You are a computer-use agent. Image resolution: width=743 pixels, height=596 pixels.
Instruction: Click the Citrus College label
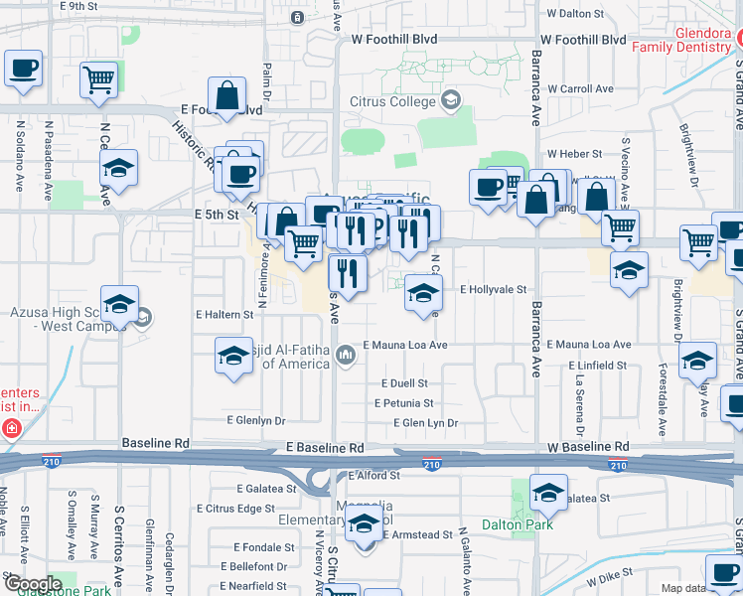(392, 101)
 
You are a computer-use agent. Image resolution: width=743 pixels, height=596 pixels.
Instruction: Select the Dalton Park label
(517, 524)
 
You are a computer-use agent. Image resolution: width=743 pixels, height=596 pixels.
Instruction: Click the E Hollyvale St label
(493, 289)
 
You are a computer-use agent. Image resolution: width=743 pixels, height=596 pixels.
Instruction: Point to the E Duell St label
(404, 383)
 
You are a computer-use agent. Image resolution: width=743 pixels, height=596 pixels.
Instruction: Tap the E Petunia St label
(403, 403)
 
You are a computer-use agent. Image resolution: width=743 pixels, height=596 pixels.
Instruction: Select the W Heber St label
(575, 154)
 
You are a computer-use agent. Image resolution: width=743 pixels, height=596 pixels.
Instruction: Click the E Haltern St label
(225, 314)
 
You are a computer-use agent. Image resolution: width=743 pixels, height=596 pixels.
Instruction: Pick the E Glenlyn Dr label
(255, 420)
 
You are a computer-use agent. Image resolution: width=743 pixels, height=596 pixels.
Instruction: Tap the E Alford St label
(374, 476)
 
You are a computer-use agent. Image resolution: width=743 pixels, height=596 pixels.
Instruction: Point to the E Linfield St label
(598, 366)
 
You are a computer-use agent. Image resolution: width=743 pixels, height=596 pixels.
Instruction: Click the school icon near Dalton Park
(548, 491)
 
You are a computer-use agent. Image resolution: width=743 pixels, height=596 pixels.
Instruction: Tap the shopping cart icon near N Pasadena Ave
(97, 78)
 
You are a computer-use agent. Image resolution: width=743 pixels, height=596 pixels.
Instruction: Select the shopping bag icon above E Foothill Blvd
(227, 95)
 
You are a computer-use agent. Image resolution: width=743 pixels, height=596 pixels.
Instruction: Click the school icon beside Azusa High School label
(119, 304)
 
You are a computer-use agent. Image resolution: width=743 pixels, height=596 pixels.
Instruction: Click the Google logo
(32, 584)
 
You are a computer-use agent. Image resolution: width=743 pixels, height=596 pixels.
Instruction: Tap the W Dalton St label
(575, 14)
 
